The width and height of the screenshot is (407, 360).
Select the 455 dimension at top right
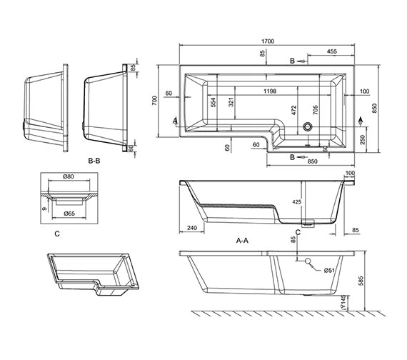tap(332, 51)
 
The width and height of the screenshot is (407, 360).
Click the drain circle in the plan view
tap(308, 128)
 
